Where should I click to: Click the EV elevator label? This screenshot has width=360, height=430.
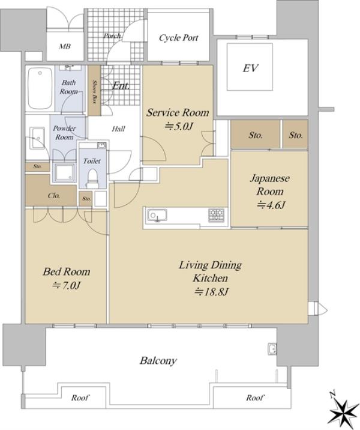250,68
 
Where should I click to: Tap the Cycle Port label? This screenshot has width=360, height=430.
178,38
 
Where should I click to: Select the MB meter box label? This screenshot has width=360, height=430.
65,46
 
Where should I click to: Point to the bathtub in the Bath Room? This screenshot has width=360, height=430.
40,88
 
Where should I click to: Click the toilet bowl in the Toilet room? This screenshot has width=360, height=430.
92,178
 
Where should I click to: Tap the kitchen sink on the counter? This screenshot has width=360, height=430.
157,215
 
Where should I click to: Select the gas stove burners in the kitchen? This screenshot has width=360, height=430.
216,215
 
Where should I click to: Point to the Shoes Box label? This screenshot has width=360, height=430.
94,92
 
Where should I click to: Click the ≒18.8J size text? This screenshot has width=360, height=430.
211,292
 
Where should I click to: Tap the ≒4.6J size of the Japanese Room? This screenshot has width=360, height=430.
271,205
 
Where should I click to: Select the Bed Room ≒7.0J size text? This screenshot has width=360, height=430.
66,285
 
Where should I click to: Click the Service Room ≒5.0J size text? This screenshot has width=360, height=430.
179,127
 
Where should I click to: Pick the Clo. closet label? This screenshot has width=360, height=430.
53,196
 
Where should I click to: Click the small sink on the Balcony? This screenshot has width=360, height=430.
272,349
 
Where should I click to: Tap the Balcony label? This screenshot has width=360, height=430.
158,360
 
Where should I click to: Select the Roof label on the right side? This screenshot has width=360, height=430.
254,398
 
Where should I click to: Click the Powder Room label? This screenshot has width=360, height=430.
64,133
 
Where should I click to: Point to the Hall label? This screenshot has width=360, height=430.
118,129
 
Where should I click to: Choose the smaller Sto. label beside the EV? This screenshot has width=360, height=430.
296,135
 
